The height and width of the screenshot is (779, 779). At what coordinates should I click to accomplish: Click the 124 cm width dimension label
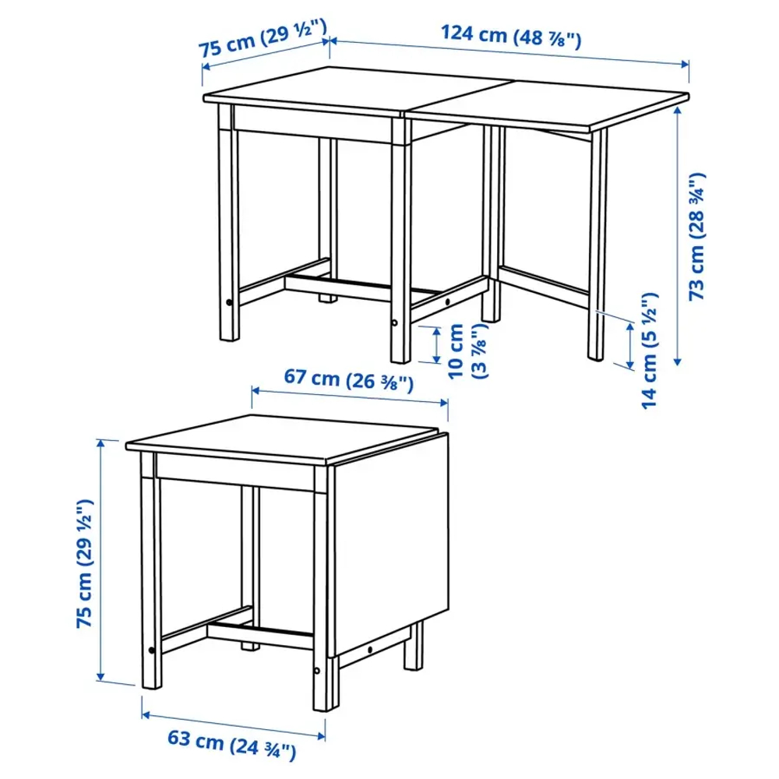pos(510,36)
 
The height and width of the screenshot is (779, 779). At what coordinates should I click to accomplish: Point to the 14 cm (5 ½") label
pos(650,351)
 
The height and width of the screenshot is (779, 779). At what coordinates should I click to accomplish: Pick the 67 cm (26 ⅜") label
pos(347,379)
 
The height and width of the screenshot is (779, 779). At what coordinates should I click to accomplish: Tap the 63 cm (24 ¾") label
pos(232,751)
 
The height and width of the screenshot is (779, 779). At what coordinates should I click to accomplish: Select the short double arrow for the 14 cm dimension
pos(629,347)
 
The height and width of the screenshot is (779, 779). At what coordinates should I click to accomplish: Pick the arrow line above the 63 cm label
pos(232,724)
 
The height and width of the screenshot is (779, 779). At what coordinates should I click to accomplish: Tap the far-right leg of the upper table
pos(597,241)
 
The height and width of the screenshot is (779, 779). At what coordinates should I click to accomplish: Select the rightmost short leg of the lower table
pos(413,647)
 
